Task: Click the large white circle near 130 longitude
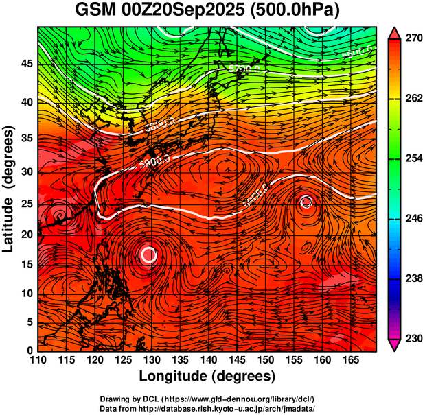coord(149,254)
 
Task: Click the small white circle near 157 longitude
coord(306,202)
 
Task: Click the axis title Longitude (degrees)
coord(207,377)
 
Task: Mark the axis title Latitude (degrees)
coord(10,189)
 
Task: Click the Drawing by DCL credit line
coord(207,399)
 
